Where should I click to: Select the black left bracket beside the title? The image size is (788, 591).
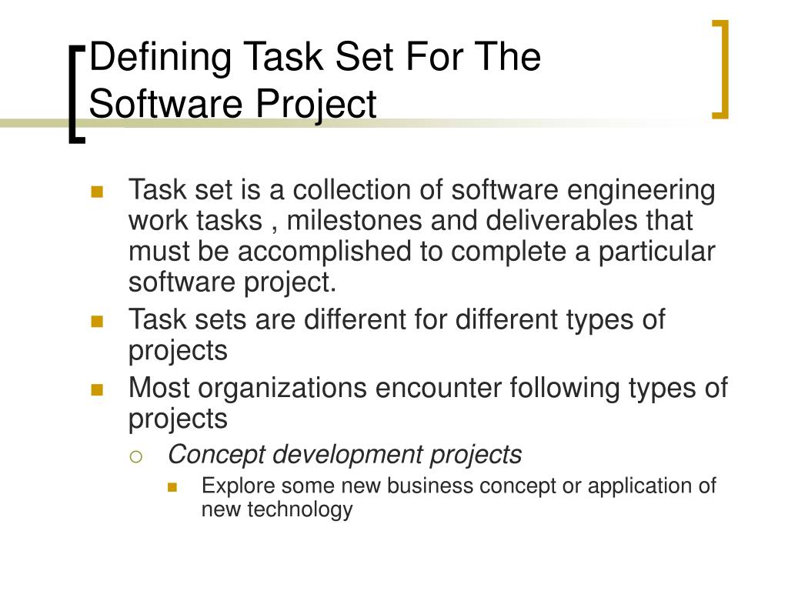click(76, 93)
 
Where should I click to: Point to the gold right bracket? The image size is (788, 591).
click(720, 69)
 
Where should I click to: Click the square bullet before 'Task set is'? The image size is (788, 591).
click(97, 192)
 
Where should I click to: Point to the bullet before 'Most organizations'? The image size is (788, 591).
click(97, 389)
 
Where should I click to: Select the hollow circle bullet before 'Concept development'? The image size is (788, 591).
click(135, 456)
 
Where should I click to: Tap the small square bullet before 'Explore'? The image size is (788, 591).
click(172, 487)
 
